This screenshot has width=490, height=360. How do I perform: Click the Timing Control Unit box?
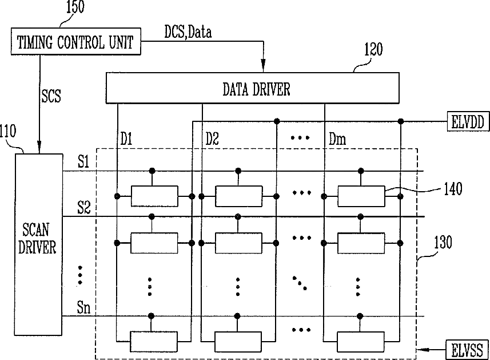(76, 42)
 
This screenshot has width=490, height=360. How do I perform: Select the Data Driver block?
(253, 88)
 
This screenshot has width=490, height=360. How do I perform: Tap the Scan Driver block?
(39, 244)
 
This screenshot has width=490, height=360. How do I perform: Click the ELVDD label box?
(468, 121)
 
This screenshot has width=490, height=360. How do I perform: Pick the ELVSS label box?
(467, 349)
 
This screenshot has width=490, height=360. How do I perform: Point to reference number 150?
(75, 7)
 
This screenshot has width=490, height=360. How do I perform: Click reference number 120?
(373, 49)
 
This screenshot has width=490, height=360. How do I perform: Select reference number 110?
(8, 131)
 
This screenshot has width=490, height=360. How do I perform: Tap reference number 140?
(453, 189)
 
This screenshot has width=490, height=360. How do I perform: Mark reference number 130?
(443, 243)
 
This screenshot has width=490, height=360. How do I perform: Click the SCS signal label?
(51, 96)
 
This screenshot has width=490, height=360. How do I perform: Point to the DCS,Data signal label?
(188, 32)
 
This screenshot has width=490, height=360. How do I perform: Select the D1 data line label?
(126, 139)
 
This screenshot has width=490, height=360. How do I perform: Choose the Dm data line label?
(337, 139)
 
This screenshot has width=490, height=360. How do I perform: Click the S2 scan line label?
(83, 207)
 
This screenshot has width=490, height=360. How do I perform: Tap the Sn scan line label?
(83, 307)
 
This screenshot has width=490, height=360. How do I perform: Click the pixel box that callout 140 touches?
(361, 196)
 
